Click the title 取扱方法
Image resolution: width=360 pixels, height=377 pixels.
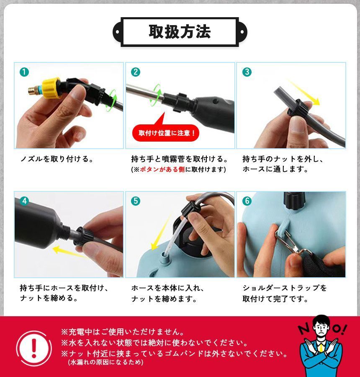coord(180,32)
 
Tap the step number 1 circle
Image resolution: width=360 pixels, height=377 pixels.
coord(24,72)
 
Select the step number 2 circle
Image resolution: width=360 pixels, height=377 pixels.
coord(136,72)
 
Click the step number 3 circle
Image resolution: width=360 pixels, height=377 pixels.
coord(247,72)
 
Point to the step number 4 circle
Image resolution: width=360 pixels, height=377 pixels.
coord(24,201)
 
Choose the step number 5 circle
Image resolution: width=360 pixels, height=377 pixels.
coord(136,201)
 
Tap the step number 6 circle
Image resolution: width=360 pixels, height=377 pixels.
coord(247,201)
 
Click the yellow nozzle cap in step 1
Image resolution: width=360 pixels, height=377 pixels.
coord(51,88)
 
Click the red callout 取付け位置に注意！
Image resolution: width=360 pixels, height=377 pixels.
coord(166,133)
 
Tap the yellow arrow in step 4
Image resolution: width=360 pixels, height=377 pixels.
coord(70,253)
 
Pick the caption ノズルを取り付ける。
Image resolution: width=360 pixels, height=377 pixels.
coord(57,159)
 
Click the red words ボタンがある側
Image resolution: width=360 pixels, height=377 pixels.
coord(162,169)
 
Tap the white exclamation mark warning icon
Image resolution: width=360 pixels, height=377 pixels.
coord(34,349)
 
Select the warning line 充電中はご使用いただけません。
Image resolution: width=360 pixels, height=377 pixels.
coord(123,332)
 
